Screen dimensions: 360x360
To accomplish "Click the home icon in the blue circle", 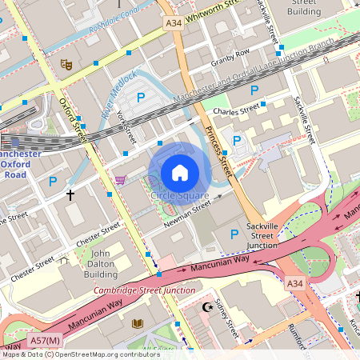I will pyautogui.click(x=180, y=172).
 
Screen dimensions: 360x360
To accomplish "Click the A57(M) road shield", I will pyautogui.click(x=46, y=342).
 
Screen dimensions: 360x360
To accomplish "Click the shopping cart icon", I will pyautogui.click(x=121, y=180).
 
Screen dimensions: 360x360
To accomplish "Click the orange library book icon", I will pyautogui.click(x=138, y=323).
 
